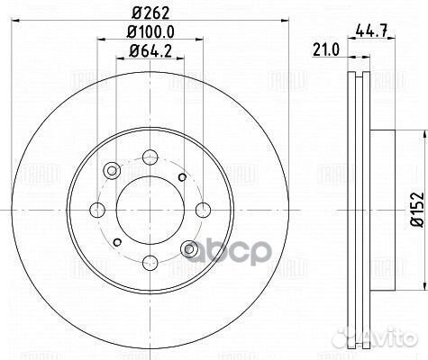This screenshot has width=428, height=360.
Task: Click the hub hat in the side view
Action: (x=383, y=209)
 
